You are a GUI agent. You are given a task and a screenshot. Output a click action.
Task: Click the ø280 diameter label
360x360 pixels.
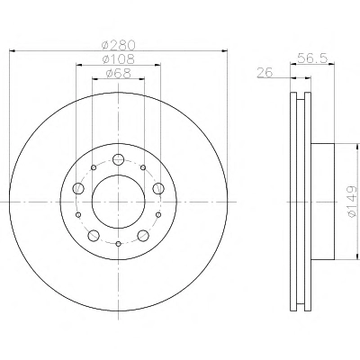coord(119,45)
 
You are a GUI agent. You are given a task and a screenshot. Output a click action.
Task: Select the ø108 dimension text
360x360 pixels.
coord(118,59)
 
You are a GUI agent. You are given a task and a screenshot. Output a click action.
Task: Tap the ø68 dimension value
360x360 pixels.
coord(118,74)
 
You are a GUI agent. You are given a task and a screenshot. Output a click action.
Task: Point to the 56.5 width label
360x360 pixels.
coord(312,58)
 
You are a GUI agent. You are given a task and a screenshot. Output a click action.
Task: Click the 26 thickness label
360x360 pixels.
coord(265,72)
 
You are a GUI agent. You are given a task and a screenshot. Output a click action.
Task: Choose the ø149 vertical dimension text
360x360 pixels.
coord(352,202)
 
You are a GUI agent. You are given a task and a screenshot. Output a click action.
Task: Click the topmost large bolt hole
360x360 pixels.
coord(119,159)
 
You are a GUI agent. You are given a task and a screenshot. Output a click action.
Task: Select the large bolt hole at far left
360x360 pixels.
coord(78,188)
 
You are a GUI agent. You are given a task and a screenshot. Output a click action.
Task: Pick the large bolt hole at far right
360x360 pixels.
coord(158,188)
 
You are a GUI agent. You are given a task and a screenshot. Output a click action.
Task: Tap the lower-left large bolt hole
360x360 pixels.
coord(94,235)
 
